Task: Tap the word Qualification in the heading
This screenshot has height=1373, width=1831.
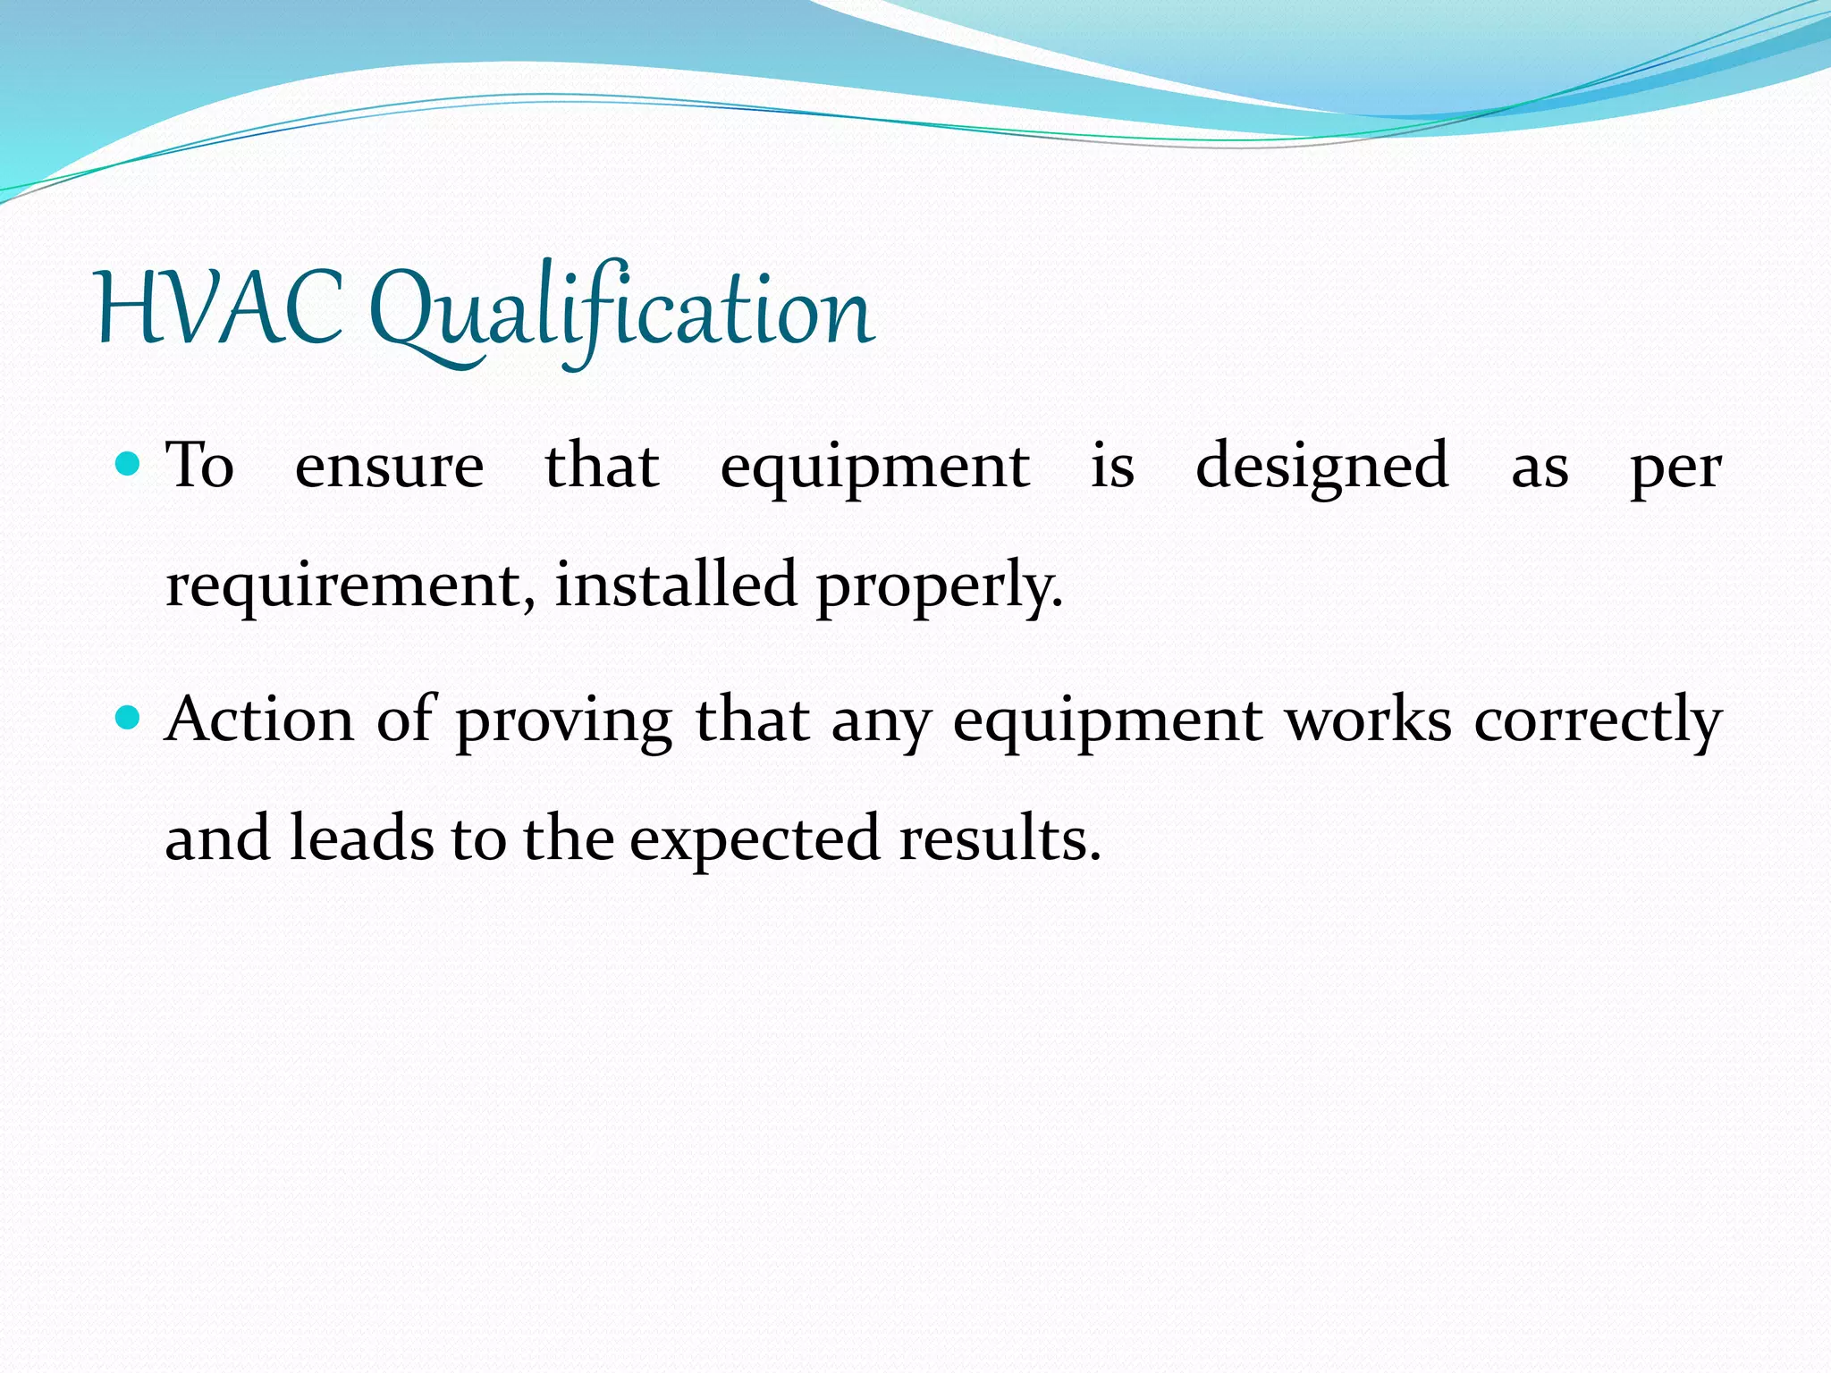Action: tap(621, 309)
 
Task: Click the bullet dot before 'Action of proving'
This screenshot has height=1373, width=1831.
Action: tap(130, 718)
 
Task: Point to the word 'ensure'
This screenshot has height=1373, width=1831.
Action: tap(389, 467)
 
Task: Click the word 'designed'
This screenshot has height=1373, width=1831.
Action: tap(1321, 467)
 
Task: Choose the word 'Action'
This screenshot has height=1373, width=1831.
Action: tap(260, 720)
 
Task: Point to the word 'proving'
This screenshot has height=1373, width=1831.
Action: tap(563, 722)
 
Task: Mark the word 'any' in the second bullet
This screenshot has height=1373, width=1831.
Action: tap(882, 724)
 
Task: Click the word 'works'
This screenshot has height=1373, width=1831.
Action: tap(1368, 720)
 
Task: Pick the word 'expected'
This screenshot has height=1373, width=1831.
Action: tap(755, 841)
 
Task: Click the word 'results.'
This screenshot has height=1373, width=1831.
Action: tap(1000, 838)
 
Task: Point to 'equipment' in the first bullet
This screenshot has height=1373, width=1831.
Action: tap(874, 469)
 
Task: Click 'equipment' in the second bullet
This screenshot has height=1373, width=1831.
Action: tap(1108, 722)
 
